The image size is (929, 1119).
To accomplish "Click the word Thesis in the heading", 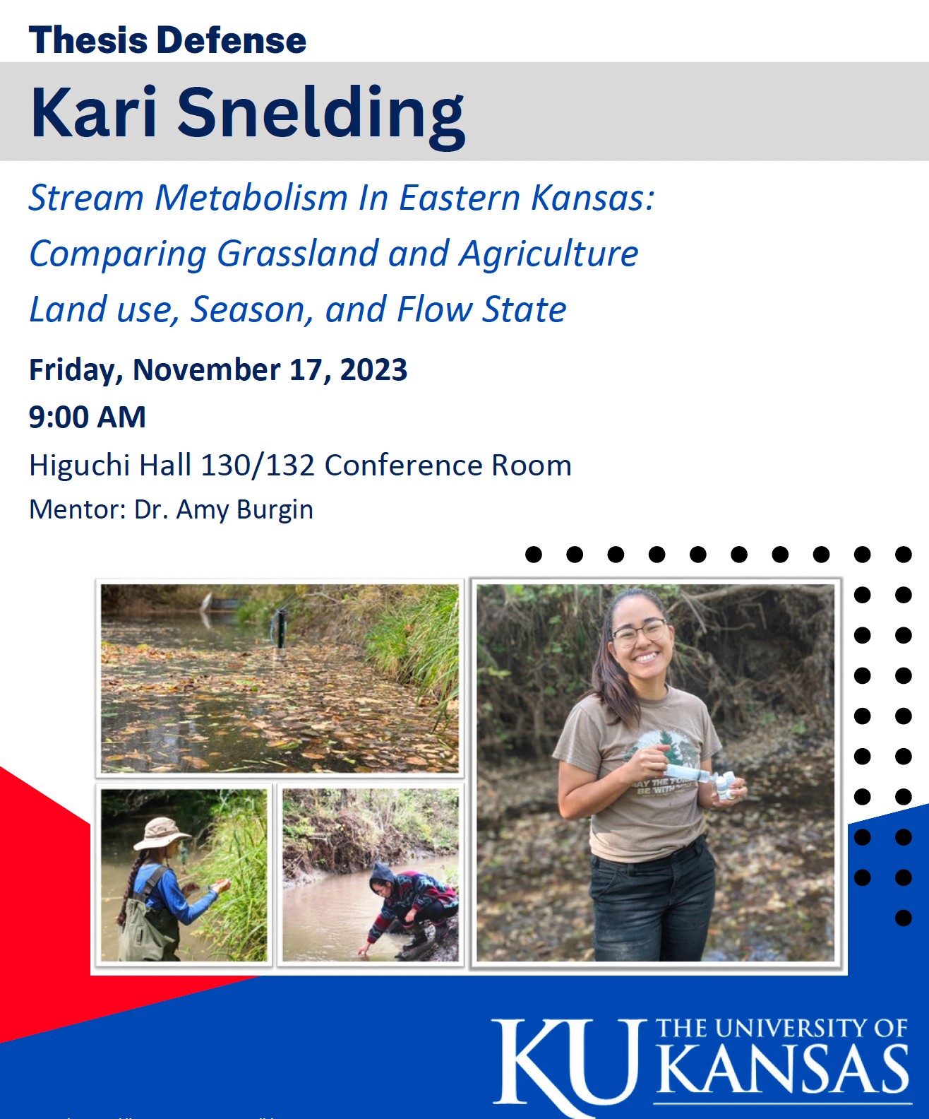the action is coord(88,40).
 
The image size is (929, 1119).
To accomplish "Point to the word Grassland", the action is coord(298,254).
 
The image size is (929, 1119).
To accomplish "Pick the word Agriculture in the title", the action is coord(549,254).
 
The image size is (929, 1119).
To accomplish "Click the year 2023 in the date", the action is coord(373,369).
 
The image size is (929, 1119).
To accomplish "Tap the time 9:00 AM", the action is coord(88,417).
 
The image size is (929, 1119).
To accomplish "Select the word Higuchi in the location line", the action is coord(80,465).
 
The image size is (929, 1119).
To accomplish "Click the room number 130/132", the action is coord(258,465).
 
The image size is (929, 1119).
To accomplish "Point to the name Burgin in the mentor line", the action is coord(275,509).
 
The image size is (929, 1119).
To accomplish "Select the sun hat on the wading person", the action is coord(162,834).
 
